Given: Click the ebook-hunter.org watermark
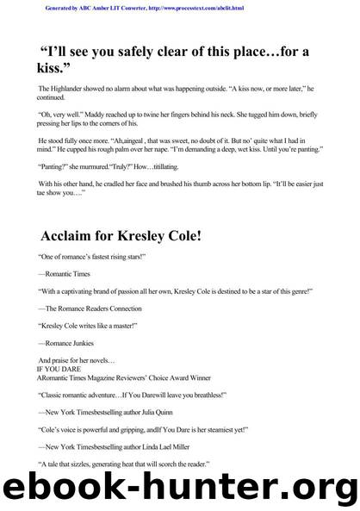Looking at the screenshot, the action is click(180, 488).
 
